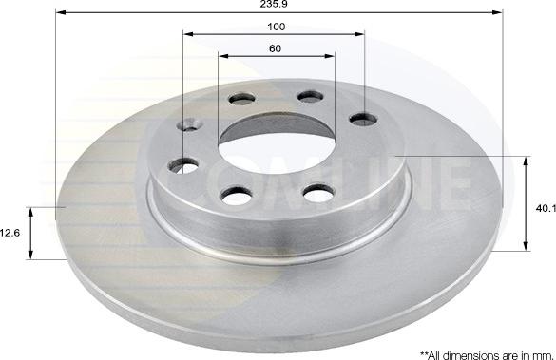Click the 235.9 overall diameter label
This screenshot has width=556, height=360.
tap(278, 5)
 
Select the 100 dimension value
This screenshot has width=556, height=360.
tap(277, 27)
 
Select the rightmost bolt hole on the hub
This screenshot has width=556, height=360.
tap(359, 118)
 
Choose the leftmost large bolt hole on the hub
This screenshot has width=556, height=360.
tap(184, 163)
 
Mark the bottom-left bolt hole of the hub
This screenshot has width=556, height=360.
tap(232, 195)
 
